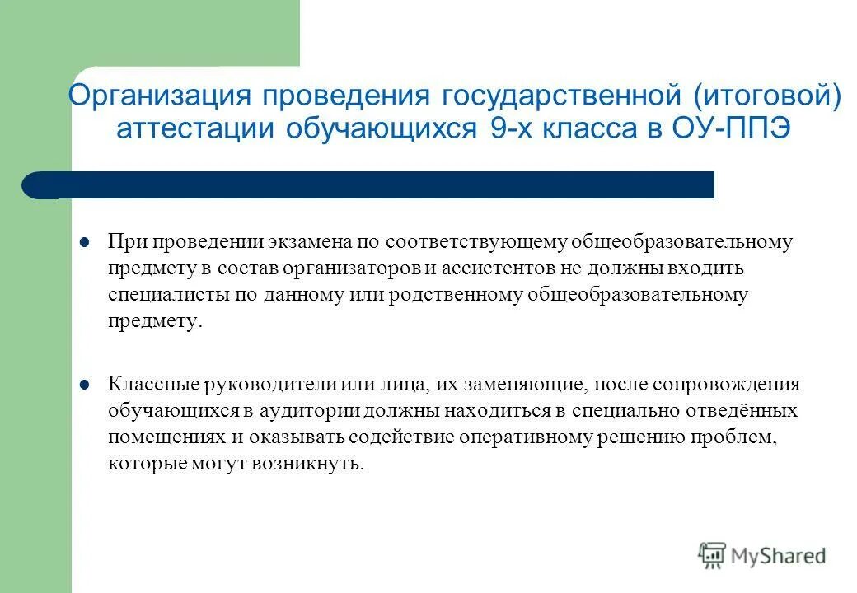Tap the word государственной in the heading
coord(560,96)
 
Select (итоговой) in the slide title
coord(766,96)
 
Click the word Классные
coord(143,384)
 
